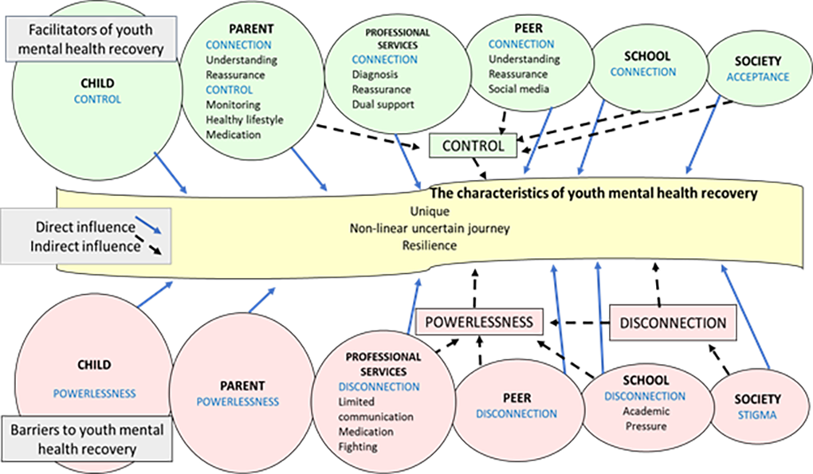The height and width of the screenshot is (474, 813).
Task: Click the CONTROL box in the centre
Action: (473, 146)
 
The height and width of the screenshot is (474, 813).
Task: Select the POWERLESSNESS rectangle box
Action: (478, 321)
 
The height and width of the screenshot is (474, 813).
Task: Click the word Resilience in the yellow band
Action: (430, 245)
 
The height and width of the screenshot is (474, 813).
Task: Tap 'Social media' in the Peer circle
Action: (520, 88)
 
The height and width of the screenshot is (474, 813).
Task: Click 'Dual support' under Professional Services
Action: (382, 104)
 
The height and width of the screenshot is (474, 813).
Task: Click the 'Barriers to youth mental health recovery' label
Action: (88, 439)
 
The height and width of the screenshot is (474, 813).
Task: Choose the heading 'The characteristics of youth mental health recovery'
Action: (593, 194)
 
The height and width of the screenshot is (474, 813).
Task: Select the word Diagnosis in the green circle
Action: (375, 74)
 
